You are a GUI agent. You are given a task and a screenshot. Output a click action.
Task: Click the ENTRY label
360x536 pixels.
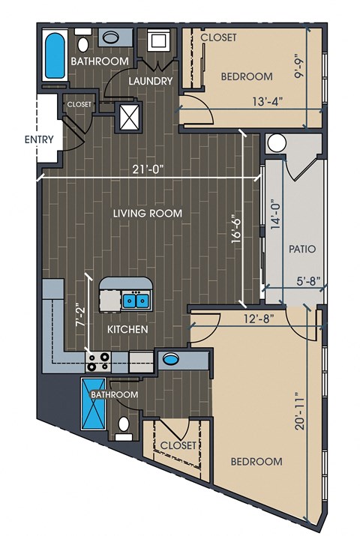[39, 139]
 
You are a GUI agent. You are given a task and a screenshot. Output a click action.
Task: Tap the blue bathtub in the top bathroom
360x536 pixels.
[55, 55]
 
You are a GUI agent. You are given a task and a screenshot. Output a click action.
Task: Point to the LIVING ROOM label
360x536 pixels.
[148, 214]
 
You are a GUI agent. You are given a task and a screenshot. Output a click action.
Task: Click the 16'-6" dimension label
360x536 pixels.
[236, 229]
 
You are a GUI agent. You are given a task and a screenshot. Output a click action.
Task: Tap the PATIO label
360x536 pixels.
[302, 249]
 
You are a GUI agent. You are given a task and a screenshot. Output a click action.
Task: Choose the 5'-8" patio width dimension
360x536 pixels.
[309, 281]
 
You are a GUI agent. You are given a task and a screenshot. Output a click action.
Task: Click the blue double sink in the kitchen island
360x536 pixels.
[136, 301]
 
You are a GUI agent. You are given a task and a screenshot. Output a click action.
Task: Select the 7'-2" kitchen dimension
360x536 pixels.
[80, 315]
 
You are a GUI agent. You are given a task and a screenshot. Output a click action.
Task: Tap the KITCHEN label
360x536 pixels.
[127, 330]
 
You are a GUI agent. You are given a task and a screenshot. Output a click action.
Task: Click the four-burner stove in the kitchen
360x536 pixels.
[98, 362]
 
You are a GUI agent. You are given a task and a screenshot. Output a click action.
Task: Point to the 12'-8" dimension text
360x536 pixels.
[259, 319]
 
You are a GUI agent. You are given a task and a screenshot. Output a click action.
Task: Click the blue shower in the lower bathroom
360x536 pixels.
[93, 404]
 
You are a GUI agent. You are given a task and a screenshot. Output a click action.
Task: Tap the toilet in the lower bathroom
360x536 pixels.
[124, 428]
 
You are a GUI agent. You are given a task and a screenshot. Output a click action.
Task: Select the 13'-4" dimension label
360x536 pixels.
[268, 101]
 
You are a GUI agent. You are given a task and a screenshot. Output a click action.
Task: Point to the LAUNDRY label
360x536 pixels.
[151, 81]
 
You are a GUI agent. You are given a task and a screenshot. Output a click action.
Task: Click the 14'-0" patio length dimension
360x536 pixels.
[276, 214]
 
